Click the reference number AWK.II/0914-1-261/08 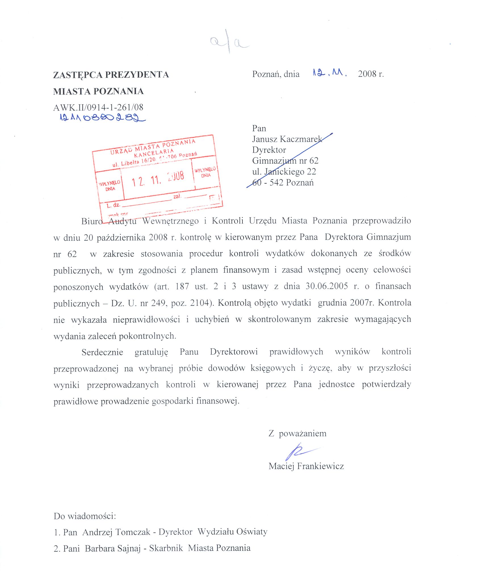coord(98,107)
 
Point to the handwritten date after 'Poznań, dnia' coord(329,73)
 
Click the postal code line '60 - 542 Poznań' coord(283,182)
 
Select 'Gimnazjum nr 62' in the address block coord(285,161)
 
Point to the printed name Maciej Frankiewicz coord(306,466)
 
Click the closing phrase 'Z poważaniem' coord(297,433)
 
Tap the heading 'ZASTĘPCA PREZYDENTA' coord(111,75)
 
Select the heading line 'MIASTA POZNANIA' coord(98,91)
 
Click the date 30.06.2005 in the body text coord(327,286)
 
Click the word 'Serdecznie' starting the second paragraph coord(102,352)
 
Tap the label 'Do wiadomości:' coord(85,516)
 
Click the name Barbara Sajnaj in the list coord(113,548)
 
